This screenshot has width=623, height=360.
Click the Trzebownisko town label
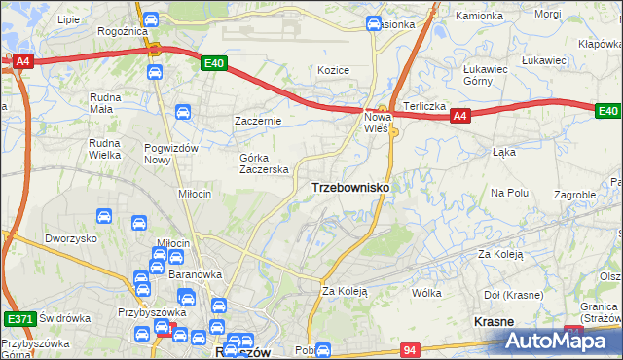coord(350,186)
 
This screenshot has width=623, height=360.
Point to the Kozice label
coord(333,70)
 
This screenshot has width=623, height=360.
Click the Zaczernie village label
coord(258,121)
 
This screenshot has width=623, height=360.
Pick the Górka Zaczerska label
coord(264,162)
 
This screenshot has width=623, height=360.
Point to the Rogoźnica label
coord(122,30)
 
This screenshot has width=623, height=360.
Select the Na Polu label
coord(509,193)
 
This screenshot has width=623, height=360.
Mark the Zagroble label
coord(574,195)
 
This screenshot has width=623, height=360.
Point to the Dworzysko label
coord(70,238)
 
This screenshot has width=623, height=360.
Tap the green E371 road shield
coord(18,318)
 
